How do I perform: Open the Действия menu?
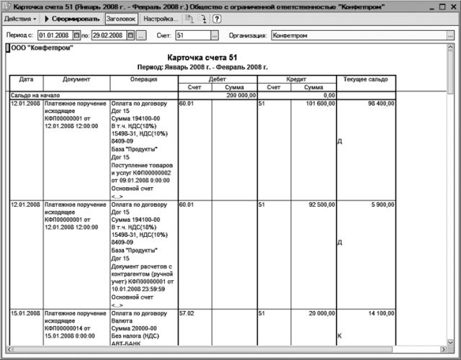click(x=20, y=18)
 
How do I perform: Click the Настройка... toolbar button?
click(x=161, y=18)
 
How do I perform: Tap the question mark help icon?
click(x=216, y=18)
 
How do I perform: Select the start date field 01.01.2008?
click(x=54, y=35)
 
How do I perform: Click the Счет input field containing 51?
click(x=192, y=35)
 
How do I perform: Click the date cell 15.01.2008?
click(x=25, y=314)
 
